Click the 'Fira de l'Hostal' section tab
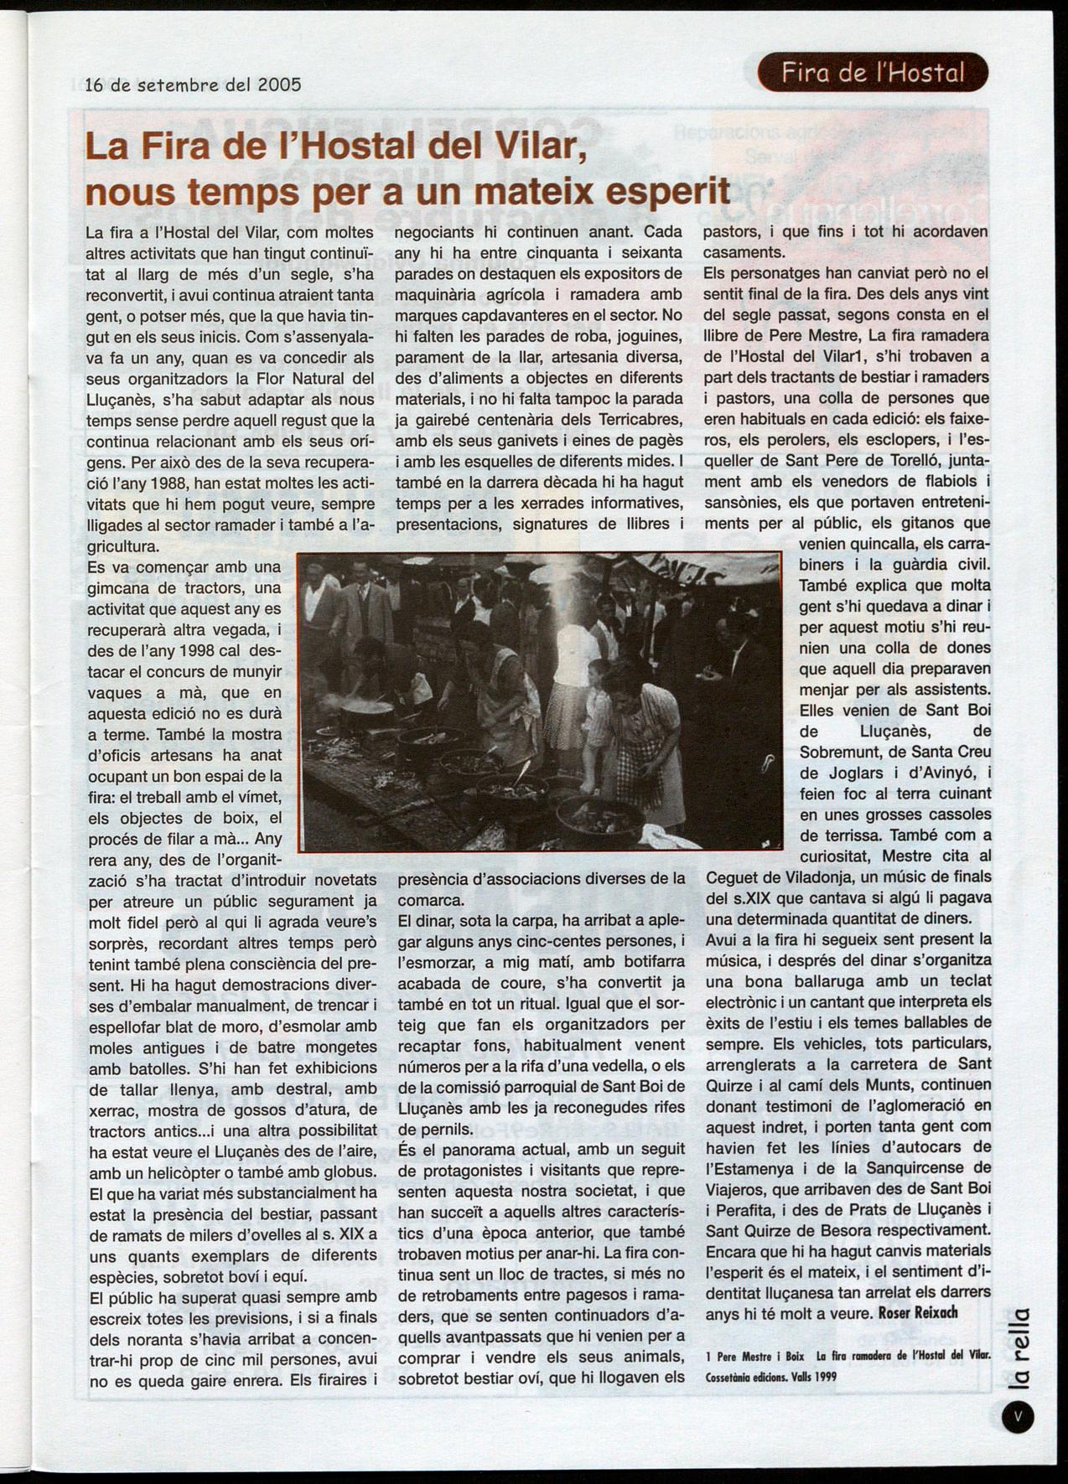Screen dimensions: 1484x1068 click(872, 73)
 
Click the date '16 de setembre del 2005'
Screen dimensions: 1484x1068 click(193, 85)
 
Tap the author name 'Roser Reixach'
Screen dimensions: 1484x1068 click(917, 1312)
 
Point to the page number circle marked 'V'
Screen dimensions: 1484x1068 click(1017, 1415)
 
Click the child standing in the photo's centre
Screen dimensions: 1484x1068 click(597, 704)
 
